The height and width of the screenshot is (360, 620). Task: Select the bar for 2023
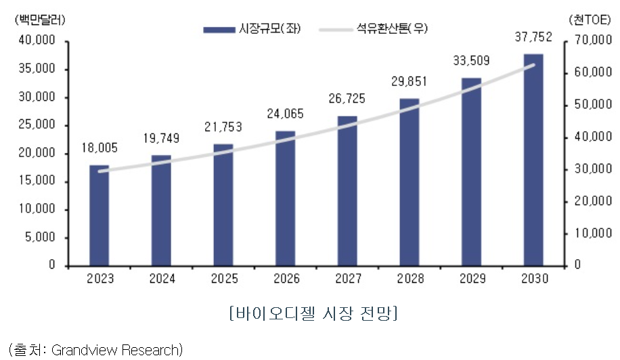click(99, 215)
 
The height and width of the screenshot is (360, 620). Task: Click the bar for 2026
click(285, 198)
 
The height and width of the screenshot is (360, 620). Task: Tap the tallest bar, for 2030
click(533, 160)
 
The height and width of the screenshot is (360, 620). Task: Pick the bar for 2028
click(409, 182)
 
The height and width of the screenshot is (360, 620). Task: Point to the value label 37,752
click(533, 38)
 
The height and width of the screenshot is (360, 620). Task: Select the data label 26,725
click(347, 99)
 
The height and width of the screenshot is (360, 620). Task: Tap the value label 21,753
click(223, 127)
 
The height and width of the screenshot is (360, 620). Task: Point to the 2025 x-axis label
click(223, 279)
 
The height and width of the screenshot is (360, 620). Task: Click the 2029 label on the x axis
click(471, 279)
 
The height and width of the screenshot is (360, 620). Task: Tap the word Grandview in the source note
click(83, 349)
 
